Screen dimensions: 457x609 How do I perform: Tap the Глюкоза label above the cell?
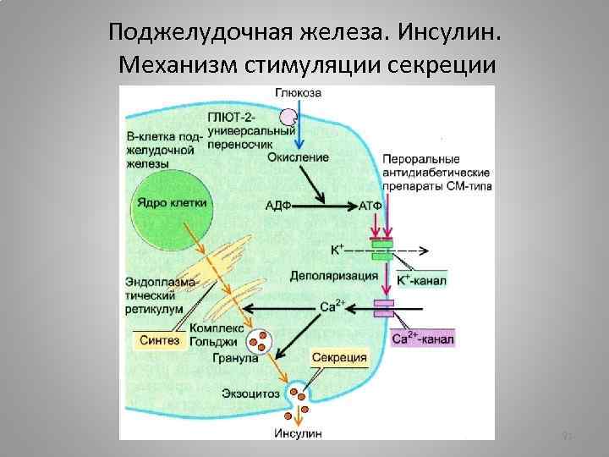pyautogui.click(x=297, y=93)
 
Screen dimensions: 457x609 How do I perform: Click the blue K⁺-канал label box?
pyautogui.click(x=420, y=279)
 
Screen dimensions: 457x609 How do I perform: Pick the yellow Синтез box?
pyautogui.click(x=158, y=340)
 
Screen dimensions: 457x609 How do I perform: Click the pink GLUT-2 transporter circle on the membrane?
pyautogui.click(x=289, y=117)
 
